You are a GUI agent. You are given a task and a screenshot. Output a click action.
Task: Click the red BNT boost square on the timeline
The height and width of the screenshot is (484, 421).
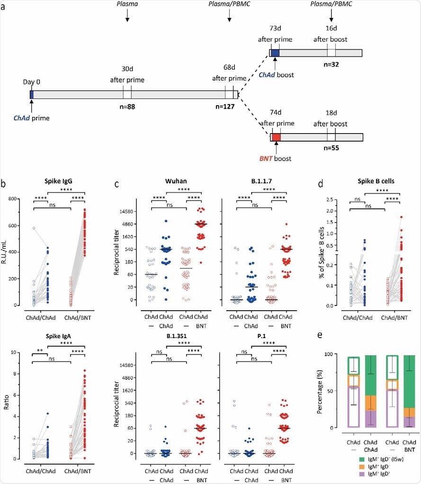(x=276, y=137)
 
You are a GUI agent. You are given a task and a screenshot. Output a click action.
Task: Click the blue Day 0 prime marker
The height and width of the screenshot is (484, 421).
(x=31, y=95)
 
